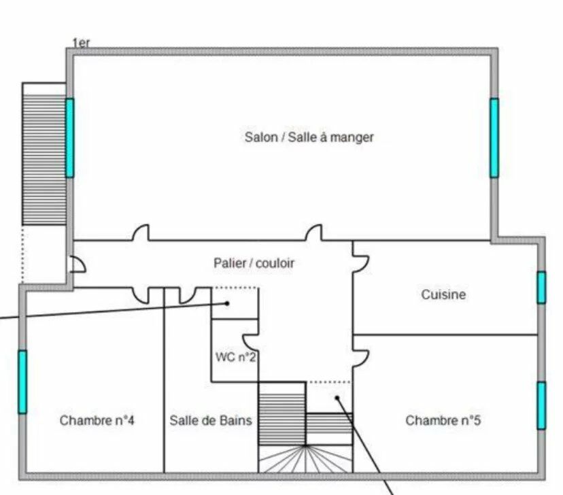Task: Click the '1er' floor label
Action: point(82,43)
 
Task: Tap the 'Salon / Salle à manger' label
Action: point(309,137)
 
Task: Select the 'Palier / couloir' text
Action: point(254,263)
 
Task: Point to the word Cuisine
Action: point(443,295)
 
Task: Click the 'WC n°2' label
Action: point(235,357)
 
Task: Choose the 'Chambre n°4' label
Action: point(97,420)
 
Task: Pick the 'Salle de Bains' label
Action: point(211,420)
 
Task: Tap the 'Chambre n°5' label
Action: point(443,420)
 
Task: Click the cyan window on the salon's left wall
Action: point(69,138)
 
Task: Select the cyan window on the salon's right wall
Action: point(494,138)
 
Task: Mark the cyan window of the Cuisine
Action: point(541,287)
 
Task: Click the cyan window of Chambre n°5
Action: point(541,405)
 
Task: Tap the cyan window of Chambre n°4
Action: point(22,381)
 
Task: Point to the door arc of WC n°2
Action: point(250,327)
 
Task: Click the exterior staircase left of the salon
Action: point(44,154)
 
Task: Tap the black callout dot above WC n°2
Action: point(228,304)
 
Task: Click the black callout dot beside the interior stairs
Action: point(337,398)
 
